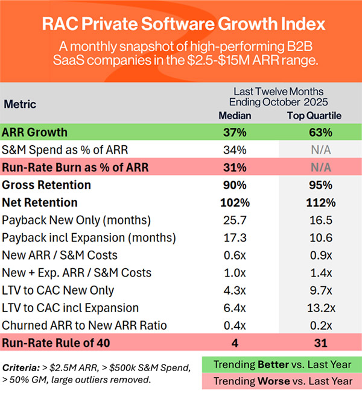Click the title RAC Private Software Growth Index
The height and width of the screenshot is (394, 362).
pos(181,25)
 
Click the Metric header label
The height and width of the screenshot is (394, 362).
pos(21,104)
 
